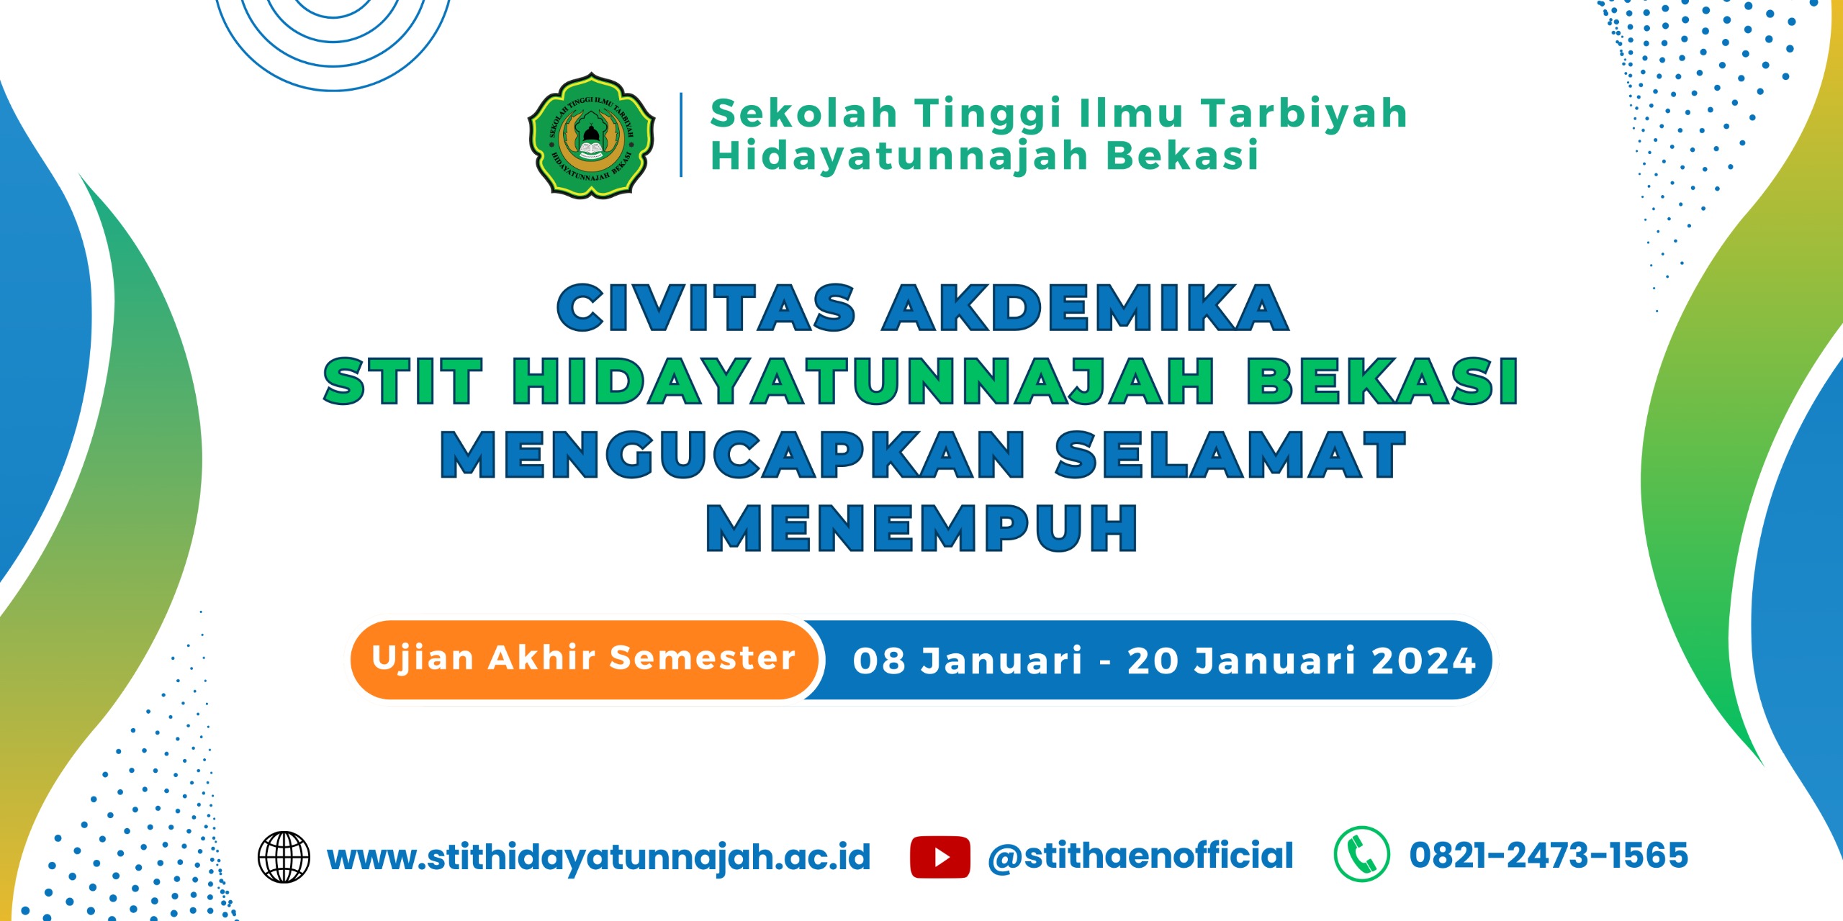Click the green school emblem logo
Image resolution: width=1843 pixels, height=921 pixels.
pyautogui.click(x=591, y=135)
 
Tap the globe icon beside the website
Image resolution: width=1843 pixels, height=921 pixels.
pyautogui.click(x=284, y=857)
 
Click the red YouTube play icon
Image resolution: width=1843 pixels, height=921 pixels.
pyautogui.click(x=939, y=857)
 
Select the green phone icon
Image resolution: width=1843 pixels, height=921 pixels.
pyautogui.click(x=1361, y=854)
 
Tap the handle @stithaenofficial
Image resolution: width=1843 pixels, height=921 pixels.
pyautogui.click(x=1140, y=856)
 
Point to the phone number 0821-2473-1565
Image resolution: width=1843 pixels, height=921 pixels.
pyautogui.click(x=1549, y=856)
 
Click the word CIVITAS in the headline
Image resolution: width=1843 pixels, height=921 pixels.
pyautogui.click(x=706, y=307)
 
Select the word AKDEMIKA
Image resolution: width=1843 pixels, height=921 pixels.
pyautogui.click(x=1086, y=307)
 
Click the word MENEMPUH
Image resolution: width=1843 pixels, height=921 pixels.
pyautogui.click(x=922, y=528)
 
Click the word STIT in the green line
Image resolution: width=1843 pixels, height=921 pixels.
pyautogui.click(x=402, y=381)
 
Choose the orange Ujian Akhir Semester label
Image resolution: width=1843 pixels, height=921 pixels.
pyautogui.click(x=584, y=658)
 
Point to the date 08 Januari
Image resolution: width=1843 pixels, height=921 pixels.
pyautogui.click(x=968, y=661)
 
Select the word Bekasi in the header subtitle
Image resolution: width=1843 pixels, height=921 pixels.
pyautogui.click(x=1182, y=155)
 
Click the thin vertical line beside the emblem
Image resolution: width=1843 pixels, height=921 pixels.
pyautogui.click(x=681, y=135)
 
